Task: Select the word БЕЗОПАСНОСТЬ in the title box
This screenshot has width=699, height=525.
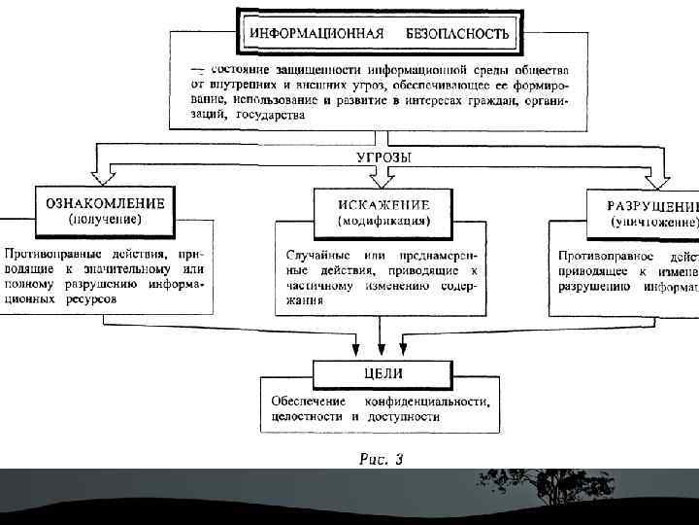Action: (463, 33)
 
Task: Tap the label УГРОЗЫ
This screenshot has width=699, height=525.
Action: (378, 157)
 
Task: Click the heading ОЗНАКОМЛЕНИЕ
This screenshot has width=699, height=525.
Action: (105, 205)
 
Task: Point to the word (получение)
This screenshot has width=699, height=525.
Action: (105, 221)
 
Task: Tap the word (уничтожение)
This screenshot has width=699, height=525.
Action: (653, 223)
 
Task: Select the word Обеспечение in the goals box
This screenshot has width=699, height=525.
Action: (304, 401)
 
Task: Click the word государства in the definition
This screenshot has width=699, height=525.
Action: (269, 115)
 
